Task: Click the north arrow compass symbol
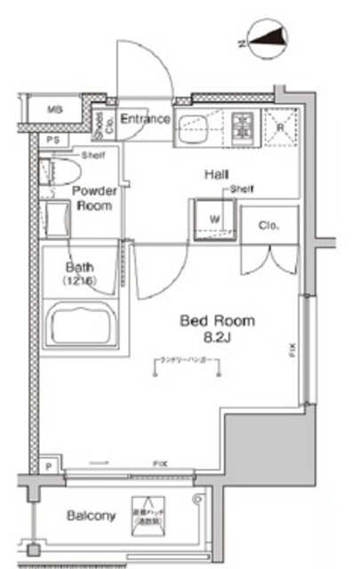pyautogui.click(x=268, y=38)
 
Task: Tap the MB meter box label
pyautogui.click(x=55, y=110)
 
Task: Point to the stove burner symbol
pyautogui.click(x=242, y=126)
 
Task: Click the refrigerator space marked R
pyautogui.click(x=279, y=126)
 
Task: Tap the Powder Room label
pyautogui.click(x=92, y=198)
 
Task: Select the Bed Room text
pyautogui.click(x=217, y=320)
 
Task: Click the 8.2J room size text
pyautogui.click(x=217, y=338)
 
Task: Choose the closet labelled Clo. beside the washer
pyautogui.click(x=268, y=226)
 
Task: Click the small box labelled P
pyautogui.click(x=47, y=465)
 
